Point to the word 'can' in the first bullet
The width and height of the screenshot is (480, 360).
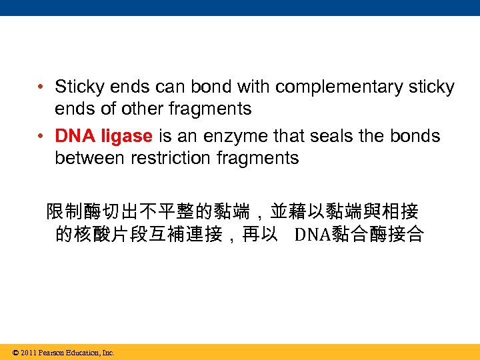pos(169,87)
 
